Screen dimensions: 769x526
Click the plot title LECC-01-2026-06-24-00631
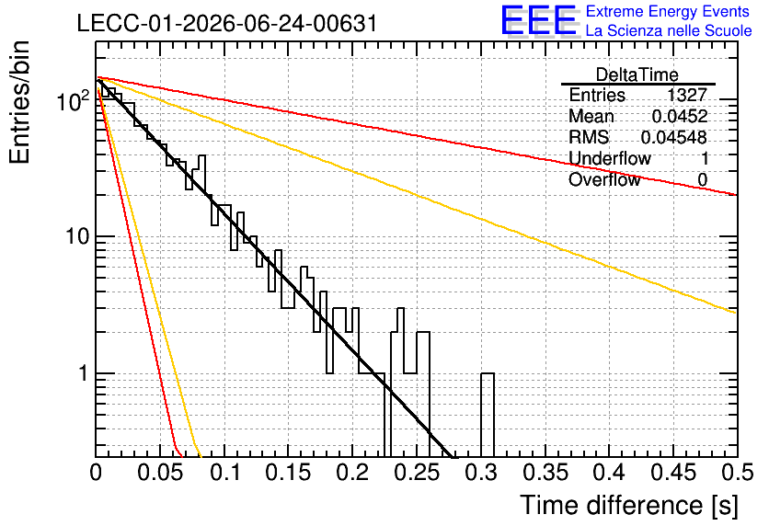point(227,23)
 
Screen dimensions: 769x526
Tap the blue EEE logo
point(539,21)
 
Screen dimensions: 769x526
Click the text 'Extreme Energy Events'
point(667,11)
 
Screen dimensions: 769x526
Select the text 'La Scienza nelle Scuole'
point(669,31)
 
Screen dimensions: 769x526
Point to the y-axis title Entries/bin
point(19,102)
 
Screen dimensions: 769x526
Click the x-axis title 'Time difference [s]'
point(629,505)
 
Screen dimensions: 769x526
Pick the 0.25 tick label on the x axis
point(418,473)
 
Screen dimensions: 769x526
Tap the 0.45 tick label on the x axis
point(674,473)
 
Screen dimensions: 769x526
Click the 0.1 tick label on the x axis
point(225,473)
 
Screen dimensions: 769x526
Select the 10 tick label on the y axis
point(77,237)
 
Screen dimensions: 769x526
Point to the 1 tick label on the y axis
point(83,373)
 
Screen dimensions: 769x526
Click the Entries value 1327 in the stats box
point(686,95)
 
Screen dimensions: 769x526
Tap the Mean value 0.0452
point(680,116)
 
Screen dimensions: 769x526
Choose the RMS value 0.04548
point(674,137)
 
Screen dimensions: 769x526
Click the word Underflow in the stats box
point(609,158)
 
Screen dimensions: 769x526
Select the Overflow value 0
point(702,180)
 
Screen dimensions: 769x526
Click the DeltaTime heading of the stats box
point(637,74)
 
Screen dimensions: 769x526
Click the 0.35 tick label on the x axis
point(545,473)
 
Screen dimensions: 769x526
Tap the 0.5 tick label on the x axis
point(737,473)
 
